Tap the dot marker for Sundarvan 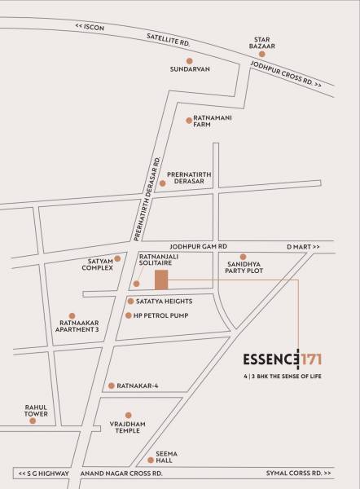point(190,60)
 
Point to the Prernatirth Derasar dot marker point(163,183)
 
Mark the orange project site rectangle point(162,280)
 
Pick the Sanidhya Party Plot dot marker point(243,257)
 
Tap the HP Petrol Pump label point(161,315)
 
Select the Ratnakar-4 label point(138,385)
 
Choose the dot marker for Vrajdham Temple point(129,415)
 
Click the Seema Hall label point(166,457)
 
